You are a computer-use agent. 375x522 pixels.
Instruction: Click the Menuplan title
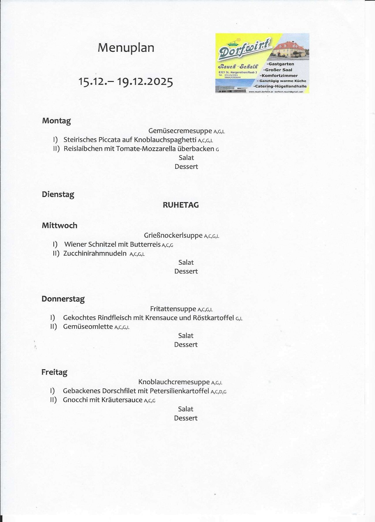[126, 48]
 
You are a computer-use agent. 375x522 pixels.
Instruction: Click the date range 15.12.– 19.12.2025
[126, 81]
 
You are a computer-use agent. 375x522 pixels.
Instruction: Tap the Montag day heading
[56, 121]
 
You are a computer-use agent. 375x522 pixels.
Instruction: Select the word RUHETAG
[181, 205]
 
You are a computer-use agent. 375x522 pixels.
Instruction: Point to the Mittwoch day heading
[60, 226]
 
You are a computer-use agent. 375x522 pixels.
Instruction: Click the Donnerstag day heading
[63, 299]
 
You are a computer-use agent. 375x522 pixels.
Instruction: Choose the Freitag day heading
[54, 372]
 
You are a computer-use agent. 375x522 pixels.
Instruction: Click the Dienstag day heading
[58, 194]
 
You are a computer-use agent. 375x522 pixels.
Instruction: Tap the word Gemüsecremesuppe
[180, 131]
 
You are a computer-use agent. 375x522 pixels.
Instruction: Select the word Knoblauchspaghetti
[165, 140]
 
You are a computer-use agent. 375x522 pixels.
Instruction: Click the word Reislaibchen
[83, 149]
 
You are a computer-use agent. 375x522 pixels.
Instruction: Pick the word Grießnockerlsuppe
[173, 236]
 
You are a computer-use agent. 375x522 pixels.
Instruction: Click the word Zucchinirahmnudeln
[95, 254]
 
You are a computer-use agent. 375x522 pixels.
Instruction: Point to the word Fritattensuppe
[173, 309]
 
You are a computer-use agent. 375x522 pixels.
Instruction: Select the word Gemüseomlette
[88, 327]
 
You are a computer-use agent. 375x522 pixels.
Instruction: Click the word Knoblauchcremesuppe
[174, 382]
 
